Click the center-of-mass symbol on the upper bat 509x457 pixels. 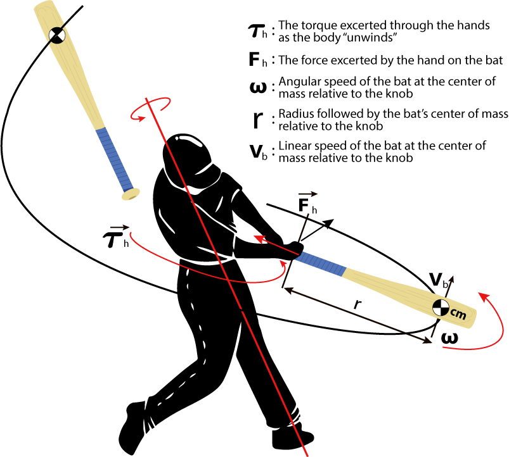(x=57, y=35)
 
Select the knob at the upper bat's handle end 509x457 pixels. (x=131, y=194)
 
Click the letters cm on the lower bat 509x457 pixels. (x=458, y=313)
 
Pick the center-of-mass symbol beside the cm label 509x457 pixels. (x=441, y=308)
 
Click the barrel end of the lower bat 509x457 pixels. (x=472, y=320)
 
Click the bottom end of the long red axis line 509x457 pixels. (x=307, y=454)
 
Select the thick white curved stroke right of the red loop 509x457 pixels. (x=190, y=140)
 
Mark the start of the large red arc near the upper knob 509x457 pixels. (x=131, y=235)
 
